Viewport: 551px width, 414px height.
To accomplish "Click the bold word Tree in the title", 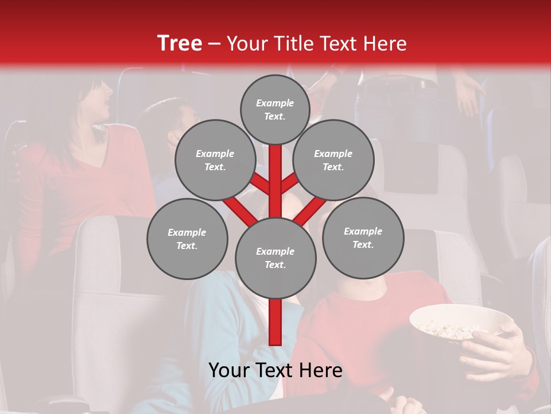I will pyautogui.click(x=180, y=43).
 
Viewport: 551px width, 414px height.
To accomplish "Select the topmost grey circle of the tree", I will pyautogui.click(x=275, y=109).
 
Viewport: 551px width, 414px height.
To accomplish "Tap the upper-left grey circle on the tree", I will pyautogui.click(x=215, y=160).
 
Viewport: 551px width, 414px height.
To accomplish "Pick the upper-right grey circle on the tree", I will pyautogui.click(x=333, y=160).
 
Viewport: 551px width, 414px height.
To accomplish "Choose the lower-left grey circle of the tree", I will pyautogui.click(x=187, y=239).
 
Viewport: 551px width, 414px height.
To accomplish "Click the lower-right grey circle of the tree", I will pyautogui.click(x=363, y=238).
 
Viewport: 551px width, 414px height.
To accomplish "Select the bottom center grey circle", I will pyautogui.click(x=275, y=258).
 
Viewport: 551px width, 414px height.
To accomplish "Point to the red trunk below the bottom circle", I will pyautogui.click(x=275, y=322).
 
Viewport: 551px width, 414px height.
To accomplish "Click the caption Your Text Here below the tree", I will pyautogui.click(x=275, y=370).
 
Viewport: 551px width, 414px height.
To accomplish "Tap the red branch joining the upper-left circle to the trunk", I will pyautogui.click(x=259, y=182).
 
